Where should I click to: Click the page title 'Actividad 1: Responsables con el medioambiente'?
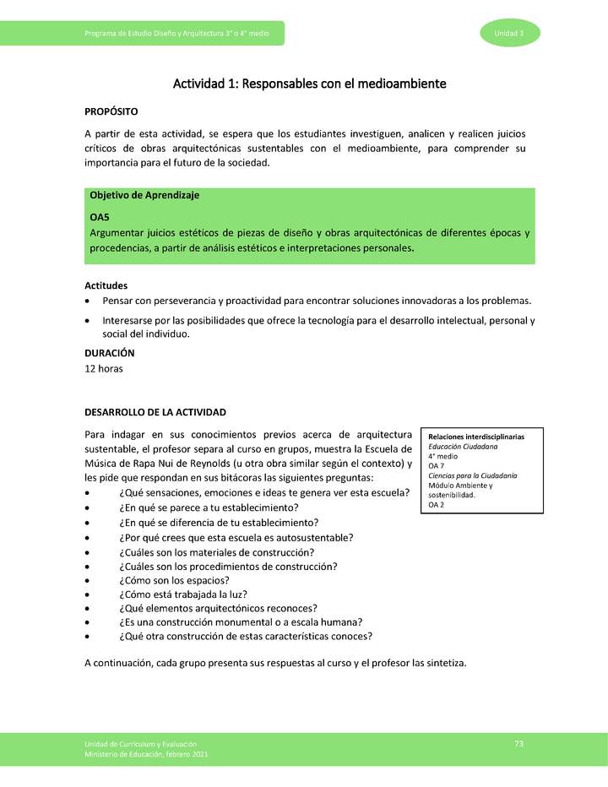(x=309, y=84)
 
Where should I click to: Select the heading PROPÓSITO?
(x=111, y=111)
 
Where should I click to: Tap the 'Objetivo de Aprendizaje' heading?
(x=144, y=195)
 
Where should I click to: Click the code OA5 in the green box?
(x=100, y=217)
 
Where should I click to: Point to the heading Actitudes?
(x=106, y=285)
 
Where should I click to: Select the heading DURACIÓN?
(x=110, y=353)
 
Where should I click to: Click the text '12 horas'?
(x=104, y=369)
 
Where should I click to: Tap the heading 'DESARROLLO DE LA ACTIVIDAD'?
(x=155, y=412)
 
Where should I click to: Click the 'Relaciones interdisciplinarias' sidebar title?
(x=476, y=437)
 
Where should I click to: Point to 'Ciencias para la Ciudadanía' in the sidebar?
(x=473, y=475)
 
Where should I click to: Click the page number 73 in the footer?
(x=518, y=743)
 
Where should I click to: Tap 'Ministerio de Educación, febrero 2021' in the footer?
(x=146, y=754)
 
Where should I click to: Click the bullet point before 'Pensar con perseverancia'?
(x=89, y=301)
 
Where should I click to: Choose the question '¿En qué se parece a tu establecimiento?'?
(x=209, y=507)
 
